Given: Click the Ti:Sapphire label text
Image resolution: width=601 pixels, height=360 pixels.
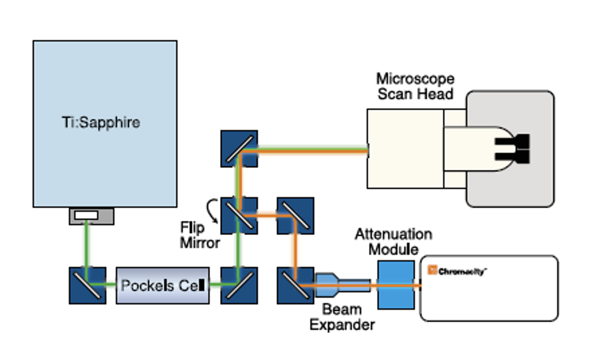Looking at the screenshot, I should tap(101, 123).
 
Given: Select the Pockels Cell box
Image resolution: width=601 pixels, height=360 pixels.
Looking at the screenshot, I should tap(162, 285).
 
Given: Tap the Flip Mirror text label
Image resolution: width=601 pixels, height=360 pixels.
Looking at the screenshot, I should tap(199, 235).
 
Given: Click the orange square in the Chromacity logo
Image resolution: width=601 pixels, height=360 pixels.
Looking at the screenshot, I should tap(432, 270).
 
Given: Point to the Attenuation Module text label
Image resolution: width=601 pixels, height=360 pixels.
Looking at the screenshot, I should tap(393, 242).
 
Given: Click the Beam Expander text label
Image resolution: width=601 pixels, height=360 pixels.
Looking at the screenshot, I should tap(342, 317).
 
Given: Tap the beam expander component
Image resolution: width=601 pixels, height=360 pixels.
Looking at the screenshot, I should tap(342, 285).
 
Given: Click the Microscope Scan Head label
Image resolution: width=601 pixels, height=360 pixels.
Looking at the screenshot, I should tap(415, 86).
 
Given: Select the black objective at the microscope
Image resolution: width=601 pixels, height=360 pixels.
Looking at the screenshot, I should tap(513, 148).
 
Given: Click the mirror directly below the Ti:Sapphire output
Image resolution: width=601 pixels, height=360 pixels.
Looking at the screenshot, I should tap(87, 285).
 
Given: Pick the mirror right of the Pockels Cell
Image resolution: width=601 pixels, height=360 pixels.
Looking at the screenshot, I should tap(239, 285).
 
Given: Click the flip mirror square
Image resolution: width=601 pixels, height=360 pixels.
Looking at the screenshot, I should tap(239, 215).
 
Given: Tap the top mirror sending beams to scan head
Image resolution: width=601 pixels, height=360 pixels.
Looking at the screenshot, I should tap(239, 149).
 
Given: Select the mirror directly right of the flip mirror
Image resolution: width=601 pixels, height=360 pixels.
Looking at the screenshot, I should tap(296, 215).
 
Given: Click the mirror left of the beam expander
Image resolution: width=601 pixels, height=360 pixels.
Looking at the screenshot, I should tap(296, 285).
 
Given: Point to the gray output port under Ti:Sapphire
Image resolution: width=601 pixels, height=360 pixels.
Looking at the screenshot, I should tap(91, 216).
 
